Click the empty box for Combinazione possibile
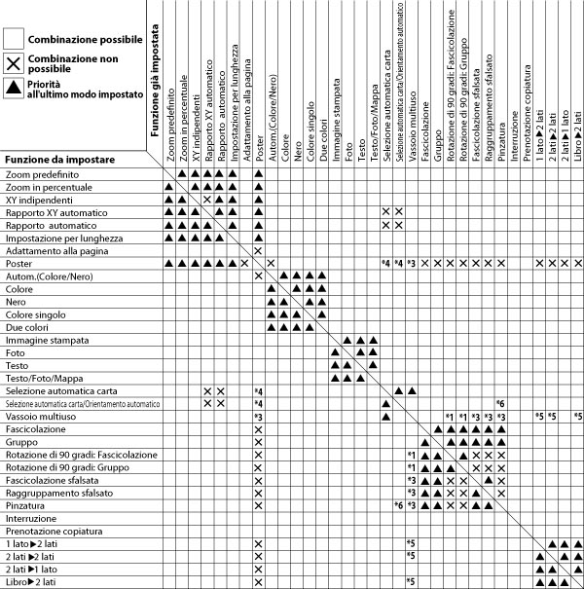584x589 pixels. point(15,39)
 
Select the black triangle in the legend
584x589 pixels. point(15,89)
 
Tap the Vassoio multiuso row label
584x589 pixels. point(40,416)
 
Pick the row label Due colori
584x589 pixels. point(29,326)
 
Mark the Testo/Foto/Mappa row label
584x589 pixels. point(45,378)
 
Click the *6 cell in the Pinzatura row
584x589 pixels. point(399,505)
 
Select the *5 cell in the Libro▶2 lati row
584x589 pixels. point(412,581)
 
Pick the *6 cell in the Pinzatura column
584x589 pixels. point(500,403)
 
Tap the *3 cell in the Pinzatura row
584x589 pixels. point(412,505)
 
